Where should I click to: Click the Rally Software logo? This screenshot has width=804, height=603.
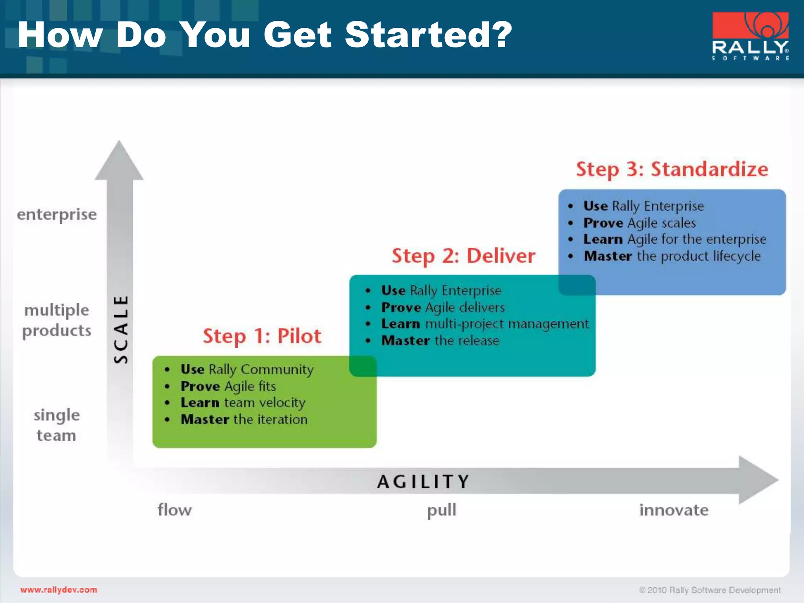750,36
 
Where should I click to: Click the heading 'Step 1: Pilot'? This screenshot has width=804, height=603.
262,336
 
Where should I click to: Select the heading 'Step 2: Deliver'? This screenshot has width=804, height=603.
463,256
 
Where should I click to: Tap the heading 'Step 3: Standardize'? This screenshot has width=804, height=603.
672,170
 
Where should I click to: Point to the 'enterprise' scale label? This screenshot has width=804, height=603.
57,215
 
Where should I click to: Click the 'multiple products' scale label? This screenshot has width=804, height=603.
57,320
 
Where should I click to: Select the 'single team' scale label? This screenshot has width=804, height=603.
57,425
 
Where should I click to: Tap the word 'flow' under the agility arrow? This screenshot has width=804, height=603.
175,510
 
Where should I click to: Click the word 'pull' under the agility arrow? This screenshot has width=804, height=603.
442,510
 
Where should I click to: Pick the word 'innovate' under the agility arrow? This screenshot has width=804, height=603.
674,510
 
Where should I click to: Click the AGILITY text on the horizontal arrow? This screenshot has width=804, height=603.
423,482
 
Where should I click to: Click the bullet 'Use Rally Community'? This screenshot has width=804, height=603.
247,369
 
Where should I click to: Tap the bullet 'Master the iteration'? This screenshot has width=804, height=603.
244,420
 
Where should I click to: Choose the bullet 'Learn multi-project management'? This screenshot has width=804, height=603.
485,324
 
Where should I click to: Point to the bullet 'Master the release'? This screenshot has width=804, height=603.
440,340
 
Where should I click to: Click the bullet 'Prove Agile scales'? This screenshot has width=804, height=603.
639,223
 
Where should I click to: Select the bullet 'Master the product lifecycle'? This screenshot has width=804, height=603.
672,256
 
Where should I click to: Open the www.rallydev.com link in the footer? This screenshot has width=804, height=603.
59,590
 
